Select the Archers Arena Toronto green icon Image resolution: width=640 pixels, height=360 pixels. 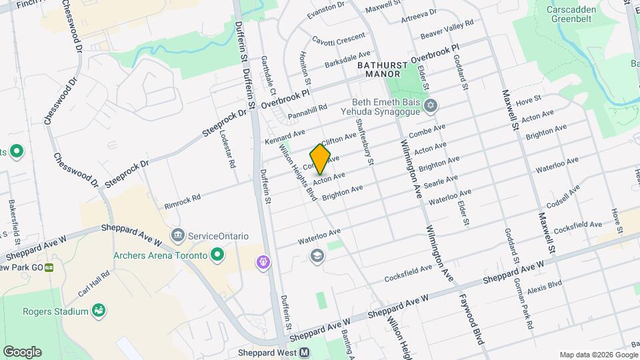point(217,255)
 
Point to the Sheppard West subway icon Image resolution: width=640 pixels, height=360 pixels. point(305,353)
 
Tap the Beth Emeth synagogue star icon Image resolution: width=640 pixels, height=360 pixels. point(431,106)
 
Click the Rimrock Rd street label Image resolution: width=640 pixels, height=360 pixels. point(183,199)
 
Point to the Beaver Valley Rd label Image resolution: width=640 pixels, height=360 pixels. point(447,27)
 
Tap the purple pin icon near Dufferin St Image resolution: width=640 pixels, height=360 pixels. point(264,263)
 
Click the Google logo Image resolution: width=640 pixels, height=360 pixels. point(22,351)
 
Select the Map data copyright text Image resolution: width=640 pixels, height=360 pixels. point(597,354)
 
